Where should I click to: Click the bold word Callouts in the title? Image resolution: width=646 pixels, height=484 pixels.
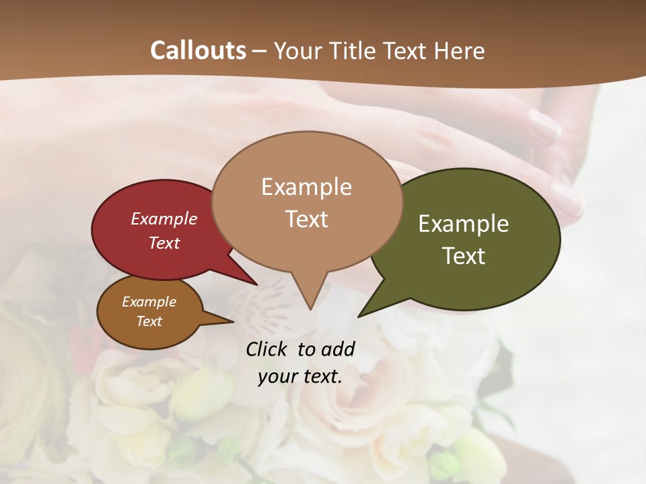[198, 50]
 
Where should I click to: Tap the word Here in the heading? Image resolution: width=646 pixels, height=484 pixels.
[460, 50]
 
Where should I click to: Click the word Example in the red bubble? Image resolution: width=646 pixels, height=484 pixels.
[164, 218]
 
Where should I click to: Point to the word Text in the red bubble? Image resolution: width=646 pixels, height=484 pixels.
[164, 243]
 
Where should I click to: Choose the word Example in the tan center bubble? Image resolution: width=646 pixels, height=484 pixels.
[306, 187]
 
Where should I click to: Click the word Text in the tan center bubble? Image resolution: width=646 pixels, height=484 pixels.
[306, 219]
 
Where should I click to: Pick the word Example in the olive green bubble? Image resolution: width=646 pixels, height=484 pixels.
[464, 224]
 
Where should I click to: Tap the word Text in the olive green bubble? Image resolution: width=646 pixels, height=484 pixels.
[464, 256]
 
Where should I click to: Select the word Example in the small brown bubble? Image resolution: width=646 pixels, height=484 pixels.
[149, 302]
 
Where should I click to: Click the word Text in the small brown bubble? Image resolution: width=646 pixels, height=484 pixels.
[149, 321]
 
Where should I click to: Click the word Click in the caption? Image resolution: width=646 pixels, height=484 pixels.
[268, 349]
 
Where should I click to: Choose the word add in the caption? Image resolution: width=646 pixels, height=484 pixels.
[338, 349]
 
